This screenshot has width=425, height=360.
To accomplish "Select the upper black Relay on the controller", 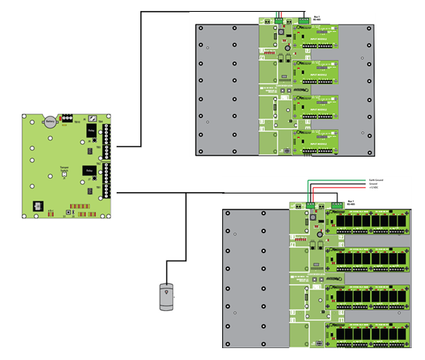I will tap(91, 131).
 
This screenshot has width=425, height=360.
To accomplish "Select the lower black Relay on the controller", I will tap(90, 171).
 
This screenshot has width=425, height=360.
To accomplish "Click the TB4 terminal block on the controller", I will tap(108, 133).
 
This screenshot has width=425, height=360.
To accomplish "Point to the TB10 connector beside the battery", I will tap(68, 117).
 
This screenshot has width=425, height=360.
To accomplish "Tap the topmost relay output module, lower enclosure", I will tap(367, 222).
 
